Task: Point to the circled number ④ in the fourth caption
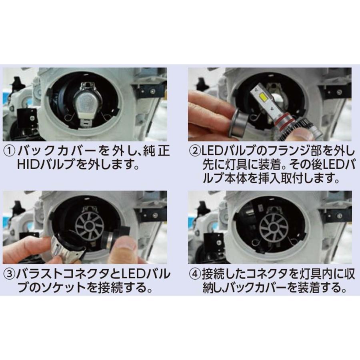[x=194, y=275]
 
